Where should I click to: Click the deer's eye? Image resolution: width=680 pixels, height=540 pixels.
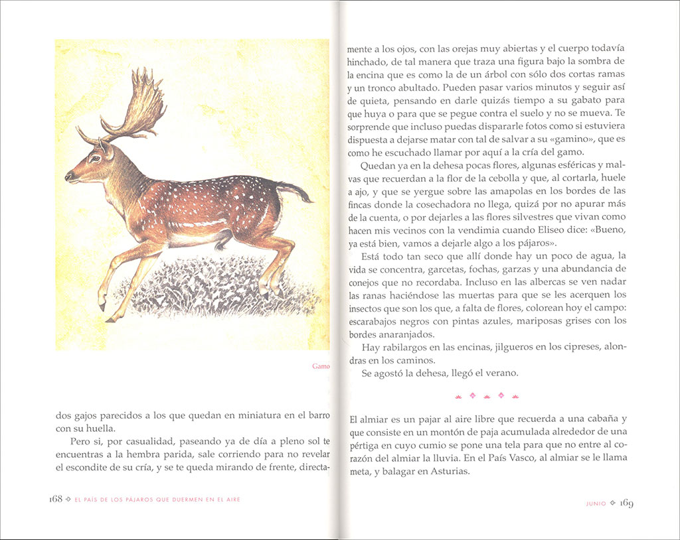click(x=94, y=159)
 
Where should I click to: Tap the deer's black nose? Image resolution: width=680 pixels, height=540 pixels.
click(x=67, y=177)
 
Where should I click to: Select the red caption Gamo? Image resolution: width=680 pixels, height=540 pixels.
click(x=321, y=366)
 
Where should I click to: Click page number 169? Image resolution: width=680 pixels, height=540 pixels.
click(x=626, y=503)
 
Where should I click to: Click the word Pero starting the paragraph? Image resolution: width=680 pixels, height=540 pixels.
click(x=81, y=442)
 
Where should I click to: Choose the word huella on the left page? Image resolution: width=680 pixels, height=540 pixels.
click(x=99, y=429)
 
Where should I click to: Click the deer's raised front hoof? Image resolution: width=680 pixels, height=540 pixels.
click(x=102, y=305)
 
